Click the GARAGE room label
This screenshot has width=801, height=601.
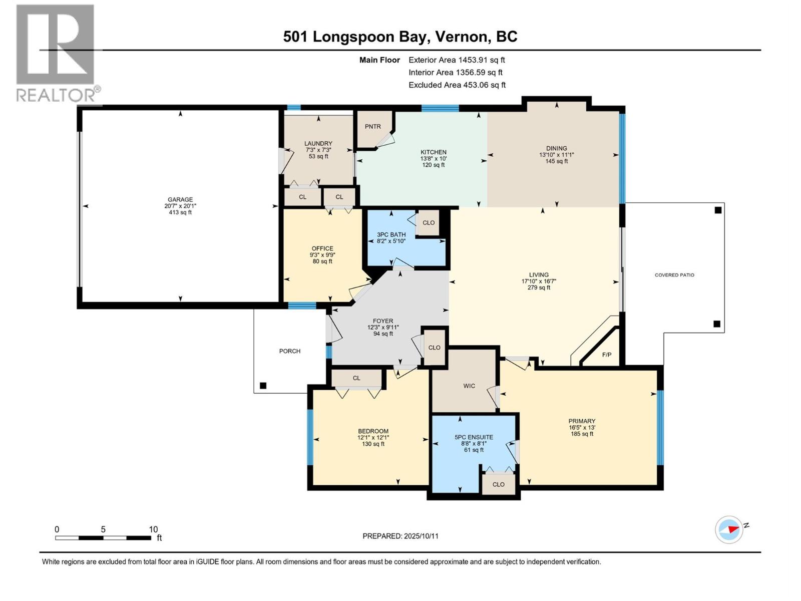[x=180, y=199]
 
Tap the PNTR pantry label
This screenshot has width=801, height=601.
[x=372, y=127]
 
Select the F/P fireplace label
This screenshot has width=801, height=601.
[x=606, y=355]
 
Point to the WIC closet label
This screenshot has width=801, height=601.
[x=469, y=386]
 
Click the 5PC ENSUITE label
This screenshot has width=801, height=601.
[x=474, y=437]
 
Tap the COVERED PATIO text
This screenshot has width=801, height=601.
[x=674, y=275]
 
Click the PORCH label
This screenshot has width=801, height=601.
[x=290, y=351]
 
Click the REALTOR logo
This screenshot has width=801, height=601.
[x=56, y=53]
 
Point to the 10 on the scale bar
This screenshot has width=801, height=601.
[x=153, y=529]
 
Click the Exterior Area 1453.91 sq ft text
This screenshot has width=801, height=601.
[x=457, y=60]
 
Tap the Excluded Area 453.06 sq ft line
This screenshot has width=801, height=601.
[x=457, y=85]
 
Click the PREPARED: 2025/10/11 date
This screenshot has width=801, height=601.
[x=400, y=536]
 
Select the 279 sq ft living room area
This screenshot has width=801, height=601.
[x=539, y=287]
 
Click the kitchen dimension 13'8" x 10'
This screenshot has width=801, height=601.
[x=433, y=158]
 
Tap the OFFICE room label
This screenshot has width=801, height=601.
[x=322, y=248]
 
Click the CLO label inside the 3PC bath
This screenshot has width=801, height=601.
[x=429, y=222]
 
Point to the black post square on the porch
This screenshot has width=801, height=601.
[x=263, y=386]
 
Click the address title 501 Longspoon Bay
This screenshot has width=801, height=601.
[x=355, y=37]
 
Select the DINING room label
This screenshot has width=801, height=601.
[x=556, y=148]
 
